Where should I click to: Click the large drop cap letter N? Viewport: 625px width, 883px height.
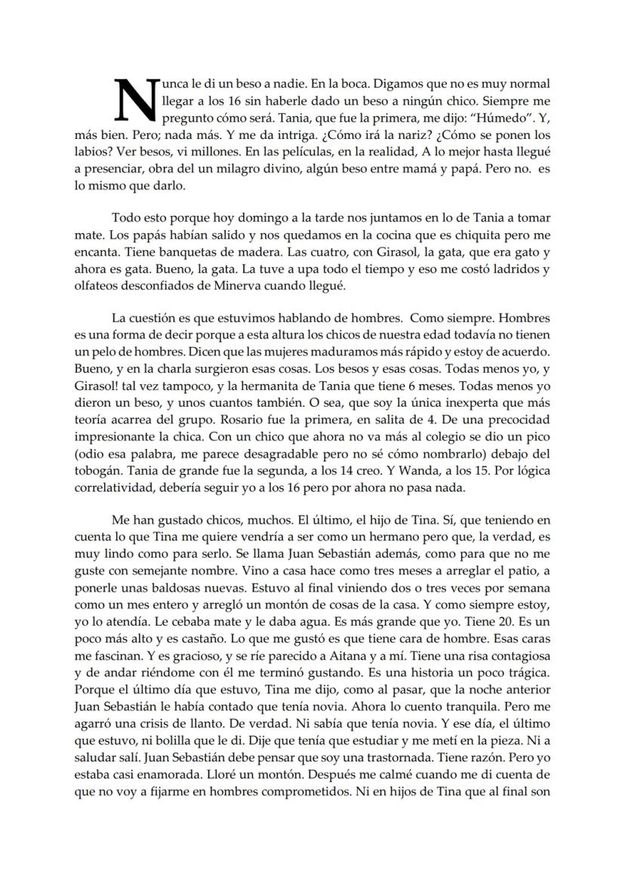click(134, 100)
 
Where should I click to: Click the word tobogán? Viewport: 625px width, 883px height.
click(97, 473)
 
